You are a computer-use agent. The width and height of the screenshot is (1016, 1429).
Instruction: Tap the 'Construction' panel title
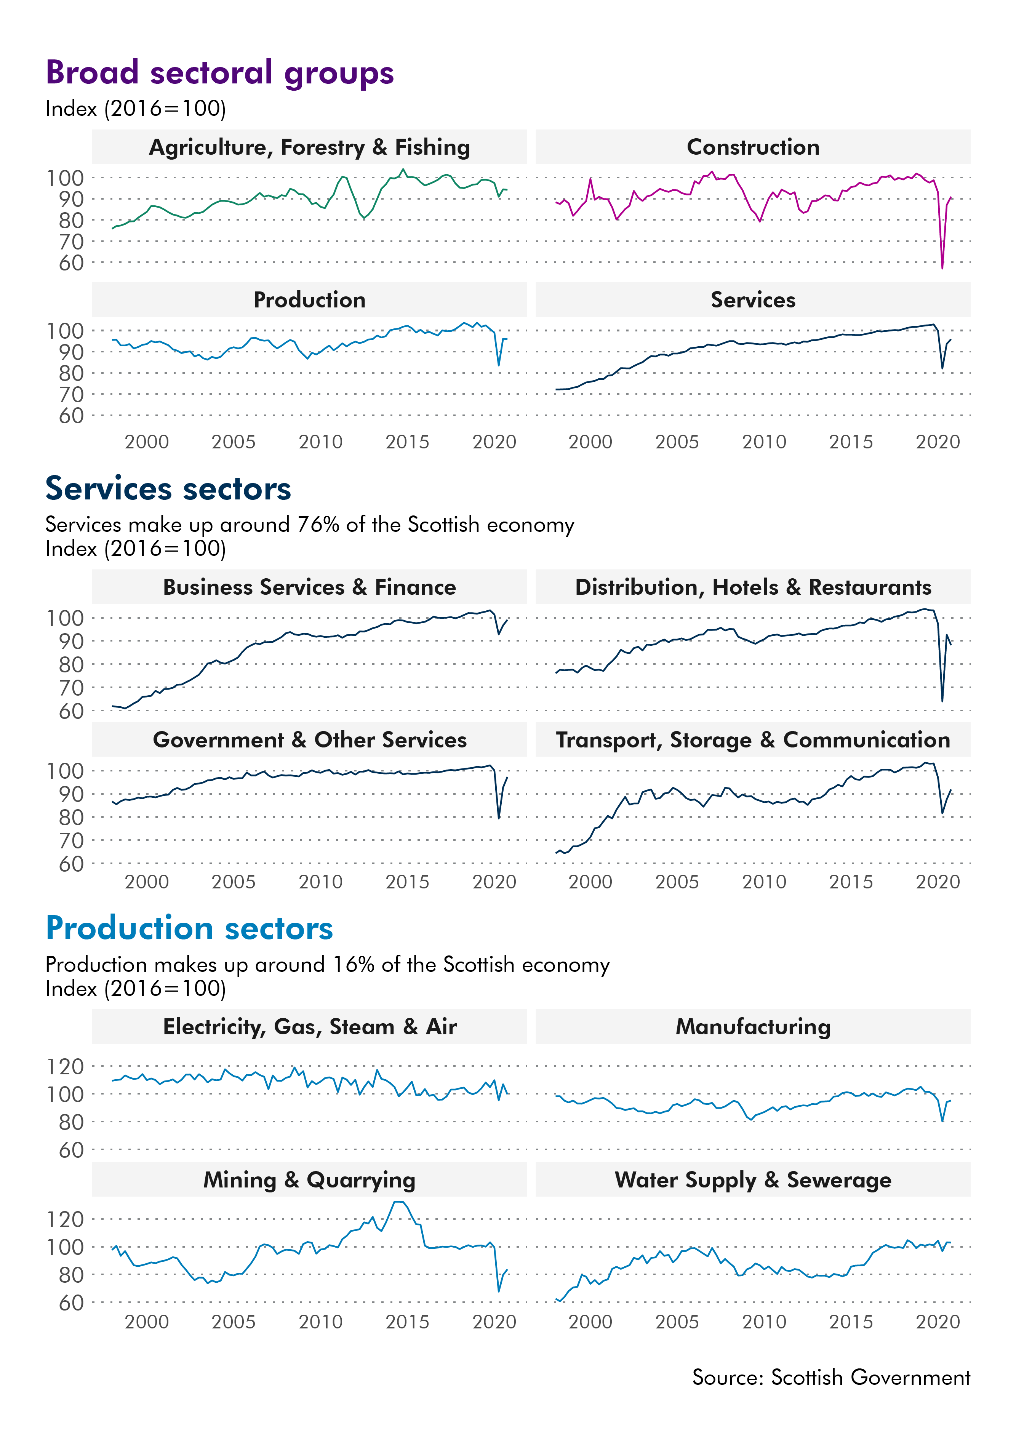(753, 147)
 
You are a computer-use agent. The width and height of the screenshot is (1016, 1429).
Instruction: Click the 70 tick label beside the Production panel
(71, 395)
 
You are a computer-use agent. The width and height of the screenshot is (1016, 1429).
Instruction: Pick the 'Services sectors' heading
(168, 489)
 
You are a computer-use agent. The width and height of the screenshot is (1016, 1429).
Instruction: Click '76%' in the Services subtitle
(318, 524)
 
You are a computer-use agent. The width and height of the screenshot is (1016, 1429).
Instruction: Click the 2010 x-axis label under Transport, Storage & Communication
(764, 882)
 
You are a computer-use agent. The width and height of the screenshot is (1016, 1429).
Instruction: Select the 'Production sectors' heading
(189, 928)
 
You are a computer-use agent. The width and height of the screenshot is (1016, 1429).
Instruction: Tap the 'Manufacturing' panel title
(753, 1027)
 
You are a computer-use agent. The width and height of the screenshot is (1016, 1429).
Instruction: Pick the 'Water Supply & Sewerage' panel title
(753, 1179)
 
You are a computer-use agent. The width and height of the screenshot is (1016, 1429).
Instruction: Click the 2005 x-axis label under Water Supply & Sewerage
(677, 1322)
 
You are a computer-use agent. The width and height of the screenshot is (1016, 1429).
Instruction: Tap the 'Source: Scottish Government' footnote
(831, 1377)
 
